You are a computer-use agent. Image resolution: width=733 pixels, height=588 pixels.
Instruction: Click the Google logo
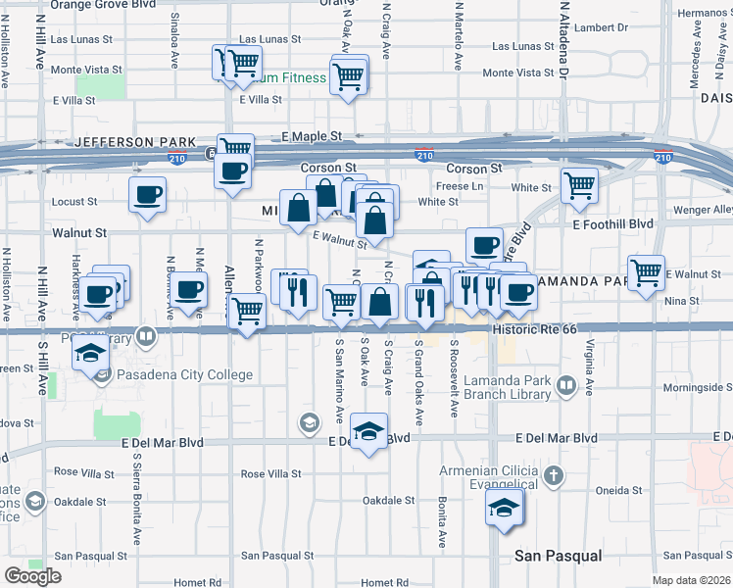click(32, 576)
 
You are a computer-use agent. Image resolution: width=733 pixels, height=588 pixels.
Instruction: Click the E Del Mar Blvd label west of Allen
click(163, 443)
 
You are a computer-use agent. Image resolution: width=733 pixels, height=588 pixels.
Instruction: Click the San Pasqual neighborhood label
click(559, 557)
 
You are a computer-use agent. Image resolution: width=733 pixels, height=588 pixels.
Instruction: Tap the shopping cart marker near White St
click(579, 183)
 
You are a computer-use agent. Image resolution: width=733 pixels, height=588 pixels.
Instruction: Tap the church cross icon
click(554, 476)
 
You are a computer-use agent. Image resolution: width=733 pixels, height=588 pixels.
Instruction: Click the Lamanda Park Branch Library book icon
click(565, 386)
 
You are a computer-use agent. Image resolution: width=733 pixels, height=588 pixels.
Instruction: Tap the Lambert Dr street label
click(594, 27)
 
